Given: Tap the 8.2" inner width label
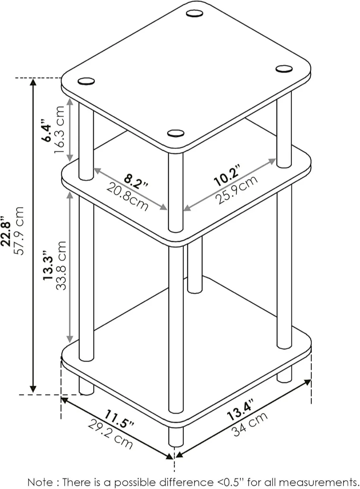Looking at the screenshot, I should click(x=136, y=181).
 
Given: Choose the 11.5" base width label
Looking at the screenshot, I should click(x=119, y=419).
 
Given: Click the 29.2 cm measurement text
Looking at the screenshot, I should click(x=110, y=434).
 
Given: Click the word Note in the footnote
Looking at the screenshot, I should click(x=40, y=482).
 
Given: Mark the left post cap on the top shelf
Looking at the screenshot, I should click(x=86, y=81).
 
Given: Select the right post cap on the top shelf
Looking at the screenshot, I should click(x=284, y=69).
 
